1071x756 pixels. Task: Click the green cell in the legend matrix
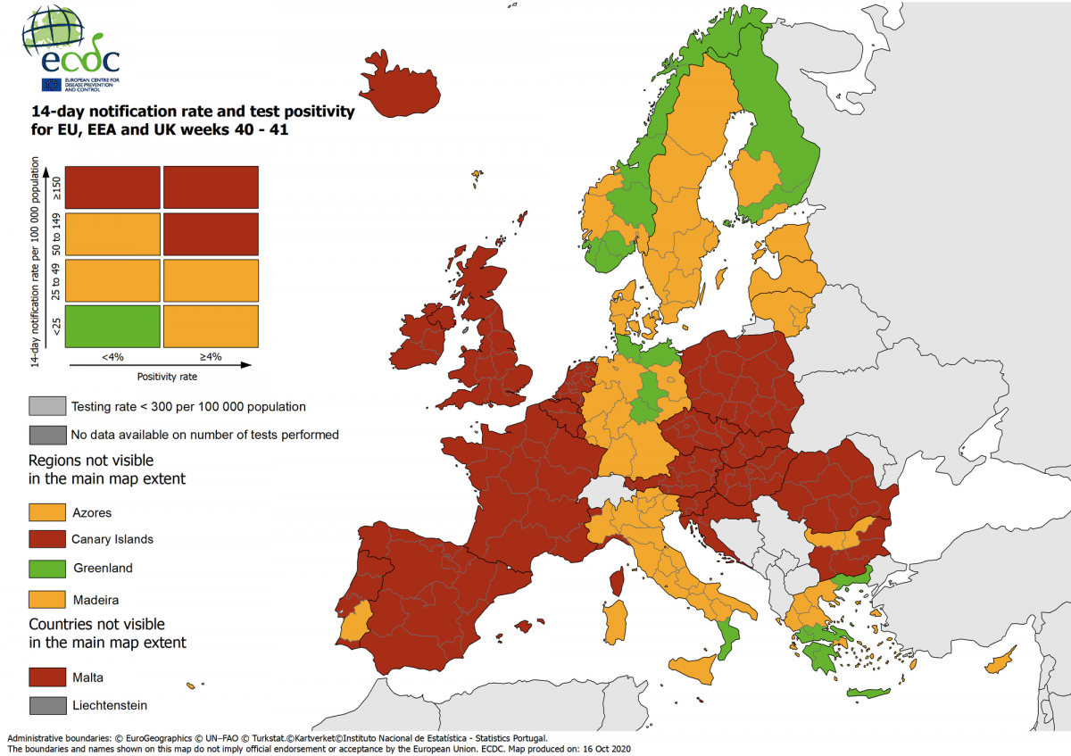pos(112,327)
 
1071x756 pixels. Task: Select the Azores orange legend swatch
pos(47,512)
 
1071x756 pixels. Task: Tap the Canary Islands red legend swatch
pos(47,539)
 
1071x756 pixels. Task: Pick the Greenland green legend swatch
pos(47,568)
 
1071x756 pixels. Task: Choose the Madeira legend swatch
pos(47,599)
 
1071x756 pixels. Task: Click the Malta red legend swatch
pos(47,677)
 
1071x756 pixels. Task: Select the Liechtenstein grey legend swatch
pos(47,705)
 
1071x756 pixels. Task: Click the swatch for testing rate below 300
pos(47,406)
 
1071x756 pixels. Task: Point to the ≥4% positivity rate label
pos(211,357)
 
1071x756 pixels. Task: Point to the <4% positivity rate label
pos(112,357)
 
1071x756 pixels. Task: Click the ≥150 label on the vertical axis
pos(57,187)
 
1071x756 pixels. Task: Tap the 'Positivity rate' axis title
pos(168,377)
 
